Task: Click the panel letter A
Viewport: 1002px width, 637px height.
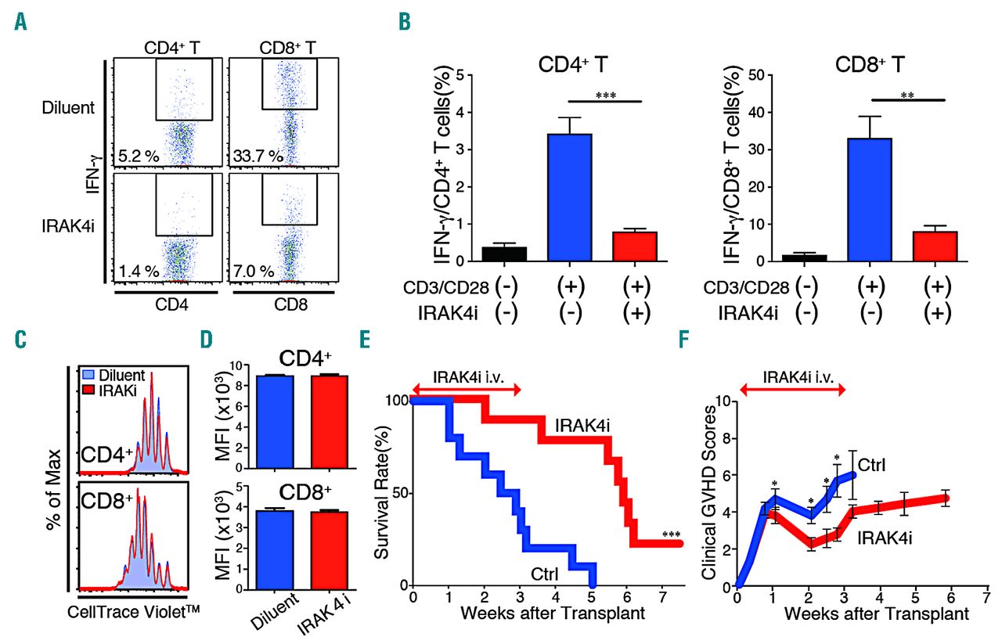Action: [x=18, y=23]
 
